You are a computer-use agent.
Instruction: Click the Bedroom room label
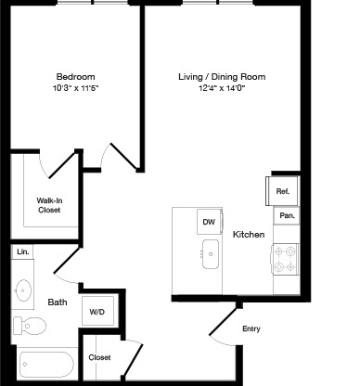click(75, 77)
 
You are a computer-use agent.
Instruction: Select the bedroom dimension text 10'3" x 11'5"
click(75, 88)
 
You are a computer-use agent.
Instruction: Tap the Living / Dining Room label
click(222, 77)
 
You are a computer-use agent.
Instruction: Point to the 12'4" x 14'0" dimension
click(222, 88)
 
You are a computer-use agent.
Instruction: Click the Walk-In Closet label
click(49, 205)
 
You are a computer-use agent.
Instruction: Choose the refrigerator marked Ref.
click(282, 191)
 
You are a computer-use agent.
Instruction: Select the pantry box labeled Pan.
click(287, 215)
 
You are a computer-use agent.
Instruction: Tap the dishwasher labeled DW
click(210, 222)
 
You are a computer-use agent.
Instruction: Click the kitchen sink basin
click(211, 254)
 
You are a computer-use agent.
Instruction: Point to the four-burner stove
click(285, 259)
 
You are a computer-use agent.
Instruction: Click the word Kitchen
click(249, 235)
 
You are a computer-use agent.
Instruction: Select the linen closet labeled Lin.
click(22, 251)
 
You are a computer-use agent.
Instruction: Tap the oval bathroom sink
click(23, 290)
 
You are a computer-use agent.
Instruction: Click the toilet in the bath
click(30, 326)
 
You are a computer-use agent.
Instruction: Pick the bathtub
click(46, 365)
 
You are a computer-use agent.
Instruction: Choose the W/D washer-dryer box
click(97, 311)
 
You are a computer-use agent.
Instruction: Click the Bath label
click(58, 302)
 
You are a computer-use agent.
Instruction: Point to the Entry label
click(251, 328)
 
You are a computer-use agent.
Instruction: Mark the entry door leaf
click(224, 321)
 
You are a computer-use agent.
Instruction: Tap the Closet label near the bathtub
click(99, 357)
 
